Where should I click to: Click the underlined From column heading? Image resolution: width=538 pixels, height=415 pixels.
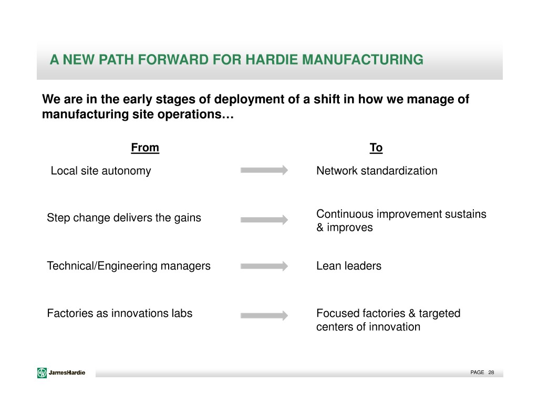(x=145, y=148)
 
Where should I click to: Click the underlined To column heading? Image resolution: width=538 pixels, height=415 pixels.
(x=376, y=148)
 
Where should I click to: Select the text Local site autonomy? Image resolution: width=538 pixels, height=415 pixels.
(x=101, y=171)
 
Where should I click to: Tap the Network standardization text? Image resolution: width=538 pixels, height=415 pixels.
(x=377, y=171)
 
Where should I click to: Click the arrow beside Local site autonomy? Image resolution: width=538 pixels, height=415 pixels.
(x=264, y=171)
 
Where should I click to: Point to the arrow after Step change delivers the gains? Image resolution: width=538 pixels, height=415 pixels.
(x=264, y=220)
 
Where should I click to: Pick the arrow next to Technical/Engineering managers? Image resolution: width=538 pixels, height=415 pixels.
(x=264, y=267)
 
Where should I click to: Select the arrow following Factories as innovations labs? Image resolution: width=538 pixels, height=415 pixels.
(x=264, y=316)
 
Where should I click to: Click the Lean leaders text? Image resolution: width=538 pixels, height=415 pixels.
(x=349, y=266)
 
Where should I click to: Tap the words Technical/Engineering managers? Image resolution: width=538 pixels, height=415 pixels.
(x=129, y=266)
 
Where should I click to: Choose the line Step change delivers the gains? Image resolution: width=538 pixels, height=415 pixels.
(x=124, y=218)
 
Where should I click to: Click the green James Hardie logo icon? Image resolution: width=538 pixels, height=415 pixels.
(x=42, y=373)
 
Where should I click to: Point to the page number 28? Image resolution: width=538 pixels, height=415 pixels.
(x=491, y=373)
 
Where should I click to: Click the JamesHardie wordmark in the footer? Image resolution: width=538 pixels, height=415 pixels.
(x=67, y=373)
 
